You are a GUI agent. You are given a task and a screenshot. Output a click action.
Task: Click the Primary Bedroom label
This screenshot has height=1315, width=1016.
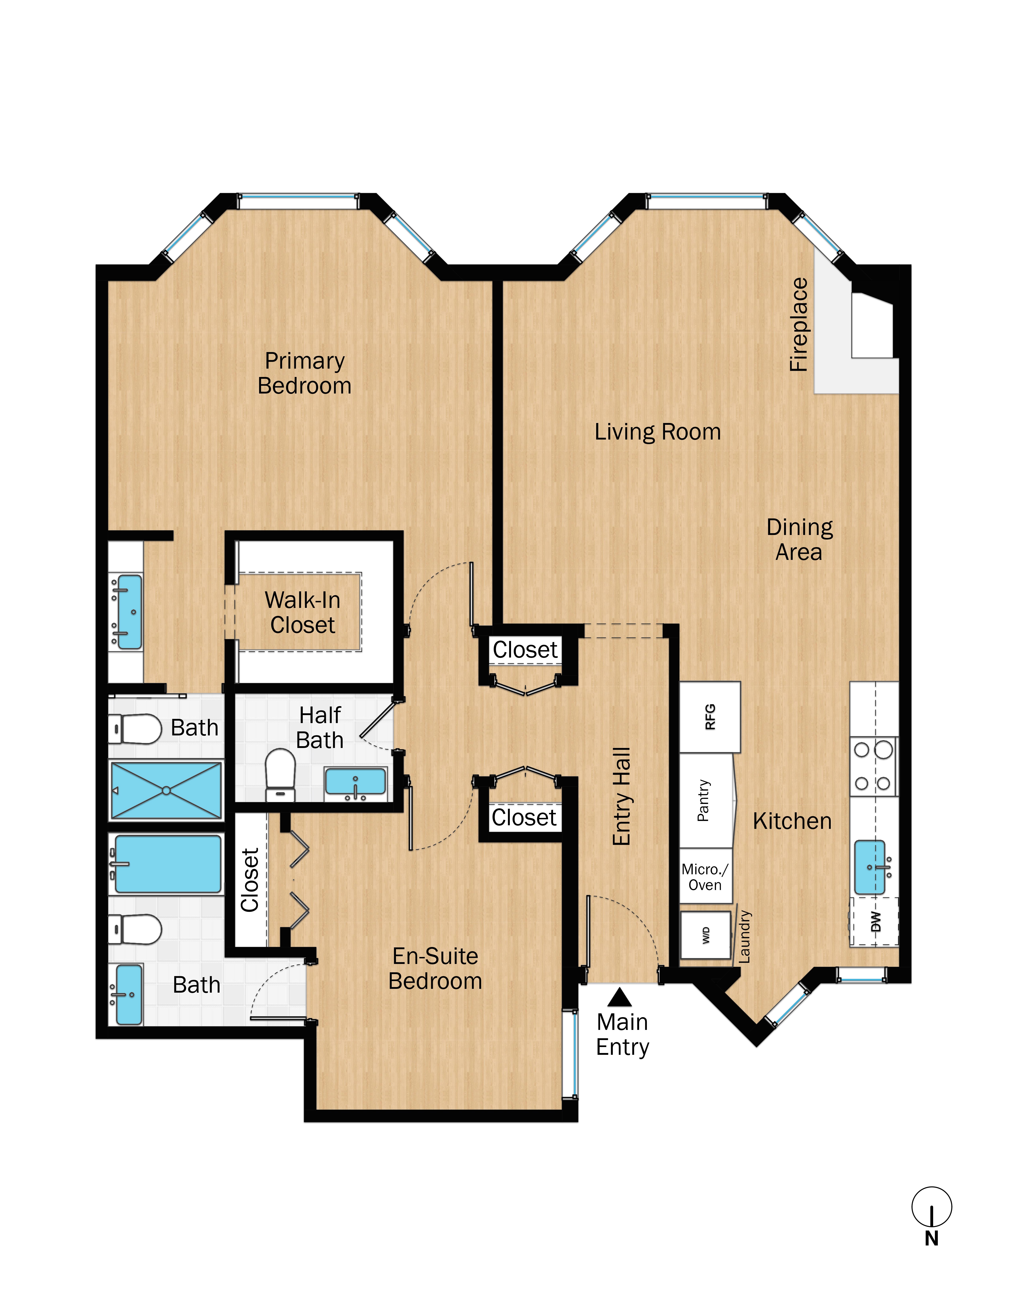click(305, 373)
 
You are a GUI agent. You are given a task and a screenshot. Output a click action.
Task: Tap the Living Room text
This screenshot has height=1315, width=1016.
click(657, 432)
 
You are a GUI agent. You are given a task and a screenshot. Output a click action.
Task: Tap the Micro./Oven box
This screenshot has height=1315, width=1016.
click(705, 877)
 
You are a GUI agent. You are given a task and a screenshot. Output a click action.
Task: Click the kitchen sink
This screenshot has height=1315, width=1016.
click(870, 867)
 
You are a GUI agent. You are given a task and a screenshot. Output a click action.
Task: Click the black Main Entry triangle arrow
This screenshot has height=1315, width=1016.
click(619, 998)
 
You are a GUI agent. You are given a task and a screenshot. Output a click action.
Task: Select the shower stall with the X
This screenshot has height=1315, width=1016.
click(166, 791)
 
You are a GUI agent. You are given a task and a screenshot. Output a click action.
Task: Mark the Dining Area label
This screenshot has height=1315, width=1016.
click(799, 540)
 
